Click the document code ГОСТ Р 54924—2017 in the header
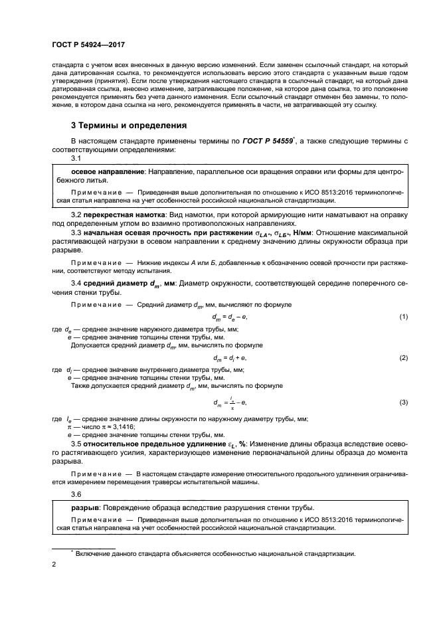tap(88, 45)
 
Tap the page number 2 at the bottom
tap(54, 565)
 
